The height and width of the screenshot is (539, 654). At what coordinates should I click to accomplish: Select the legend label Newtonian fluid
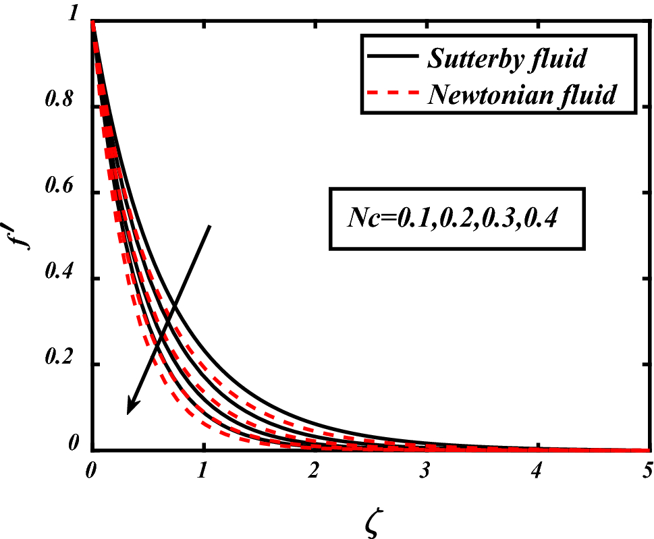click(x=521, y=94)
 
